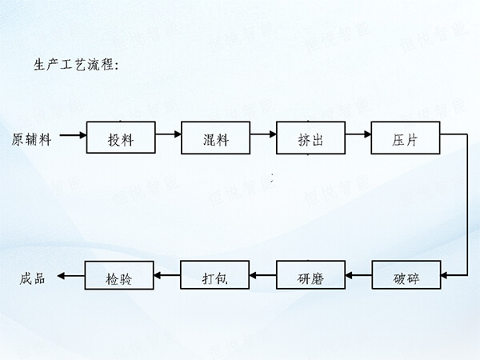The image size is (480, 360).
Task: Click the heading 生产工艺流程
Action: tap(76, 65)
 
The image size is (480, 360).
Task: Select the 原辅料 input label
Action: tap(32, 139)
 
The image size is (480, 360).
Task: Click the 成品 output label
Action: tap(34, 278)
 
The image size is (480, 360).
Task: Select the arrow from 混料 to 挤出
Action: tap(262, 137)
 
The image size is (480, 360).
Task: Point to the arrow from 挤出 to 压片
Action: tap(358, 137)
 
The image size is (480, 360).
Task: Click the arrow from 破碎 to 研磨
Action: tap(358, 275)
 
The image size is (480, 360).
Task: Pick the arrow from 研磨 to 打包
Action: tap(262, 275)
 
